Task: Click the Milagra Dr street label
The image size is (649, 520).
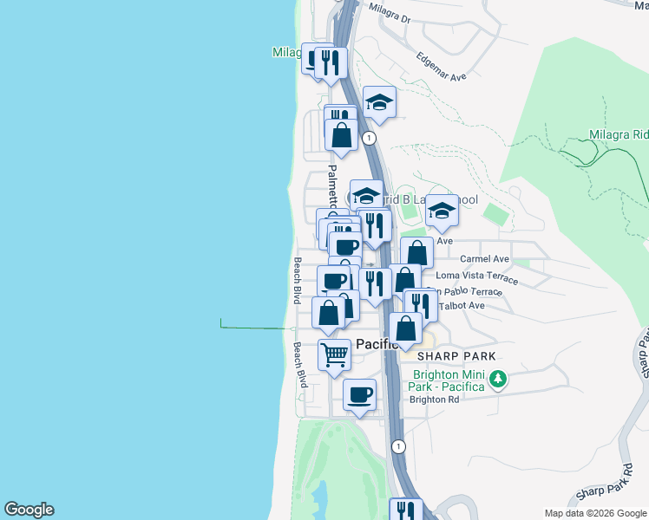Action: [x=389, y=11]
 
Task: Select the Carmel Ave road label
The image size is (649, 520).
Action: [x=484, y=258]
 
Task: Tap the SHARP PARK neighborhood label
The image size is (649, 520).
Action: [x=456, y=356]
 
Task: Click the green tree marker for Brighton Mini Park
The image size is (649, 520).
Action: [x=498, y=379]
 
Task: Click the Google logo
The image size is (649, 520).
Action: [x=29, y=510]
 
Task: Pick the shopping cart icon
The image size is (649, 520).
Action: [x=334, y=354]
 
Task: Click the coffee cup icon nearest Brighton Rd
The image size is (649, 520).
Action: [x=359, y=394]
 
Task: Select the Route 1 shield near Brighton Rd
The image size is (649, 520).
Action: [x=398, y=446]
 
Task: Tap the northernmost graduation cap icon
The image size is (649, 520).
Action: [x=379, y=102]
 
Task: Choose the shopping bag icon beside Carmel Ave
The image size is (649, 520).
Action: [x=417, y=253]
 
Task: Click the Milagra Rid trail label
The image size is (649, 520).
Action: [x=616, y=134]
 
